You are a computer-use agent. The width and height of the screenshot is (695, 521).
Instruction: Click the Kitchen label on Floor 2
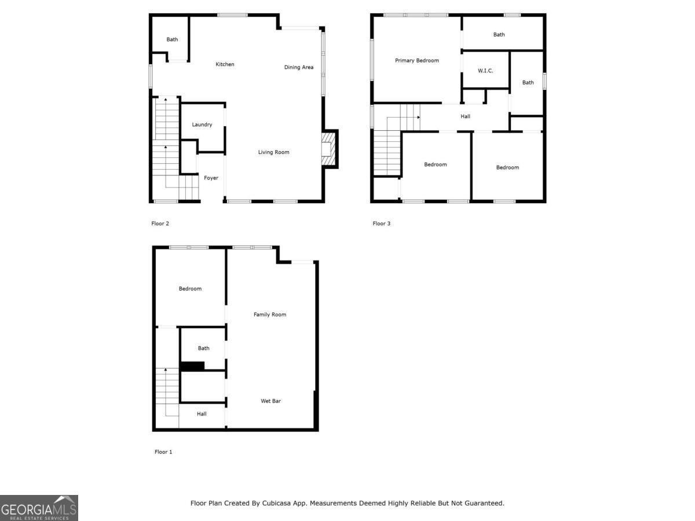point(225,64)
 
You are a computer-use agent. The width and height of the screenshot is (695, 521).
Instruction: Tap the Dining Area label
point(299,67)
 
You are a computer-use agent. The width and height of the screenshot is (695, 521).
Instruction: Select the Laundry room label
point(202,124)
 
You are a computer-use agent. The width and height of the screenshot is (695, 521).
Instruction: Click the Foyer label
point(211,178)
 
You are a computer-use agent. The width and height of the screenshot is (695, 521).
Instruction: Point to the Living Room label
point(273,152)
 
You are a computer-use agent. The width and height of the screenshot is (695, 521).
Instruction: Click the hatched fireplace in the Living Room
point(328,149)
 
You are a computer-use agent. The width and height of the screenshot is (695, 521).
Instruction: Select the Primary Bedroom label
point(417,60)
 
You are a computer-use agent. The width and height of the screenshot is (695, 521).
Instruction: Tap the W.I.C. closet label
point(485,71)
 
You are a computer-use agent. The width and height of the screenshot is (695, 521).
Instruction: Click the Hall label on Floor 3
point(466,116)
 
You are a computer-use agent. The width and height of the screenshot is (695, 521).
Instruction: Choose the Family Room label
point(270,314)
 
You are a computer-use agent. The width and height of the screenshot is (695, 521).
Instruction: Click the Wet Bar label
point(270,401)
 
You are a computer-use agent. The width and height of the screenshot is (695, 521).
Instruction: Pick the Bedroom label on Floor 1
point(190,288)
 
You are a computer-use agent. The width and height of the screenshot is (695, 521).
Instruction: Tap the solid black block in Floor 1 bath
point(193,366)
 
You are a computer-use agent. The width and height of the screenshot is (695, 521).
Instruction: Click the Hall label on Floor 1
point(202,414)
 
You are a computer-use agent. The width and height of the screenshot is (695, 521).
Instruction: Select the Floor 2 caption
point(160,223)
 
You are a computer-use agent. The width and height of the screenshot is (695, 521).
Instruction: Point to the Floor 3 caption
point(382,223)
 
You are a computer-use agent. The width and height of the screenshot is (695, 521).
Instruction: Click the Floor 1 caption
point(163,452)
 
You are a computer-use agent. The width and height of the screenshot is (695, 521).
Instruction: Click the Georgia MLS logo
point(39,508)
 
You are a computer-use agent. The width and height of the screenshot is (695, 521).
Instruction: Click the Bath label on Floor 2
point(172,39)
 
